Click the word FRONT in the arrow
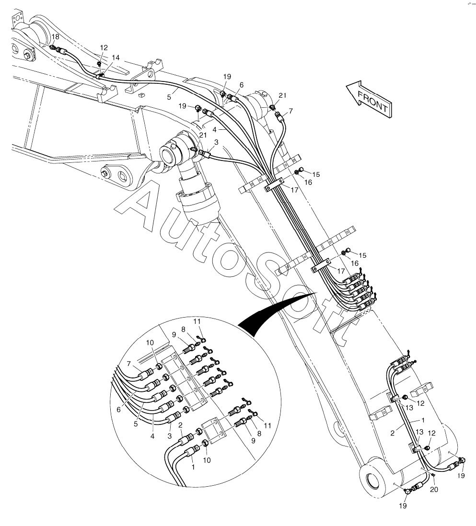[x=372, y=101]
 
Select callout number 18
[x=56, y=37]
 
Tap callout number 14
[x=116, y=57]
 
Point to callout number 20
[x=434, y=489]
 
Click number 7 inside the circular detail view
[x=128, y=364]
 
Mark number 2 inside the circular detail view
[x=180, y=424]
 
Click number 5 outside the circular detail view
[x=169, y=96]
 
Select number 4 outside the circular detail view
[x=216, y=129]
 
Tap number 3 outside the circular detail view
[x=216, y=142]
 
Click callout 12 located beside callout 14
[x=104, y=47]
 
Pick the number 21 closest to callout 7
[x=283, y=95]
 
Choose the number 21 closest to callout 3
[x=203, y=136]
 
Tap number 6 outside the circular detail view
[x=241, y=85]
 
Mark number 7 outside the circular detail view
[x=290, y=111]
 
